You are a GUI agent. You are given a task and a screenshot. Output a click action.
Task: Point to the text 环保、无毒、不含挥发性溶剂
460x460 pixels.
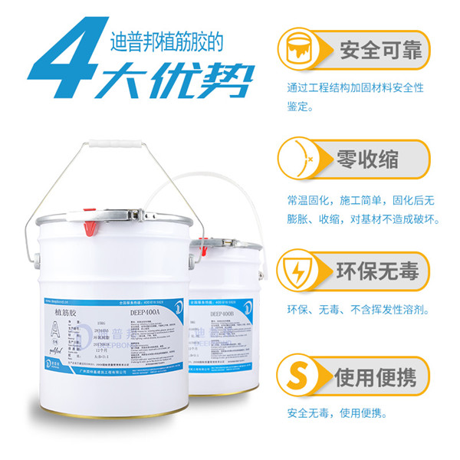357,310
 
